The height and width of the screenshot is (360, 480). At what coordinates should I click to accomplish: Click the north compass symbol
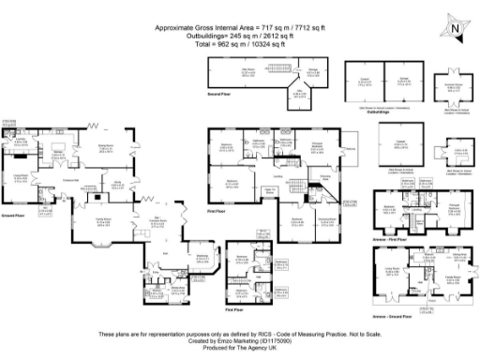453,29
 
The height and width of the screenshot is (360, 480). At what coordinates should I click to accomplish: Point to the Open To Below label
267,190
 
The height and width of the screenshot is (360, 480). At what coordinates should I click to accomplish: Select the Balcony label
351,148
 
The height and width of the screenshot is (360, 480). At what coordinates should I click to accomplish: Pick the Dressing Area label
323,176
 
